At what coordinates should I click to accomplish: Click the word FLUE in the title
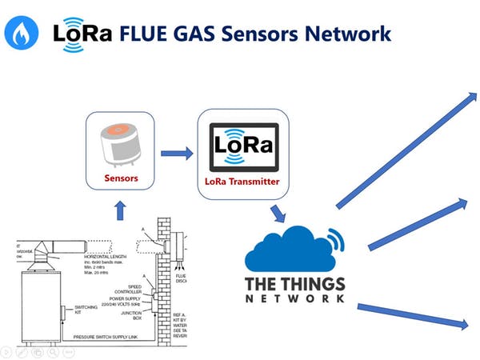point(146,34)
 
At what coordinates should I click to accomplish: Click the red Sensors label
point(121,178)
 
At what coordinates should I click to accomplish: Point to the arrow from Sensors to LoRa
point(177,153)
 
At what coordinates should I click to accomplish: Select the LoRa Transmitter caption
point(243,182)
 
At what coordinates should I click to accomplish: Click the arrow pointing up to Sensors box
point(120,210)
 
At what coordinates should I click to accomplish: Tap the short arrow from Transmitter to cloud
point(278,213)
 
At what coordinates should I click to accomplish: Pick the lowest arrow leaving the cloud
point(412,314)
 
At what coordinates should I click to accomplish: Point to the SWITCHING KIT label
point(86,309)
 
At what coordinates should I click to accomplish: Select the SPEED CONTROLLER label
point(128,287)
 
